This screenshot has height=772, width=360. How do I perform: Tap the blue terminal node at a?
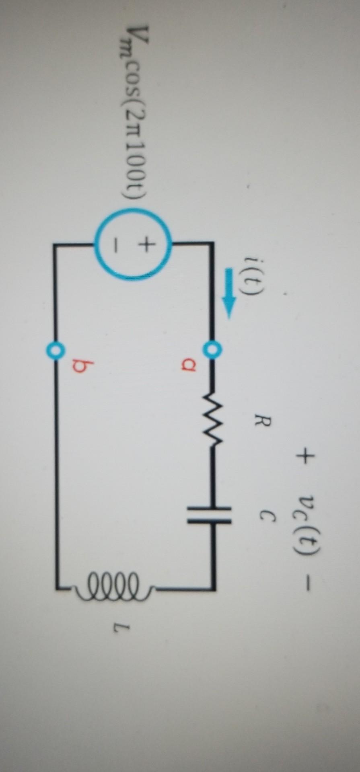(212, 348)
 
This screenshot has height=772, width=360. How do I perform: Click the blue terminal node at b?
(55, 350)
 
